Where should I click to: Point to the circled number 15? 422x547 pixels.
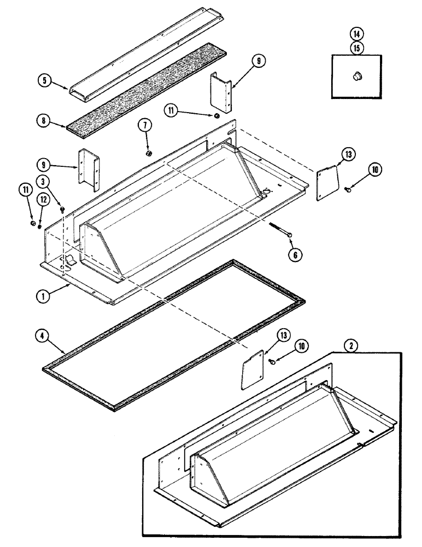coord(356,48)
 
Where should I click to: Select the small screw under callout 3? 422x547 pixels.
coord(62,208)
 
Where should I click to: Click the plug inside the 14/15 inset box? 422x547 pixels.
coord(357,77)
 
